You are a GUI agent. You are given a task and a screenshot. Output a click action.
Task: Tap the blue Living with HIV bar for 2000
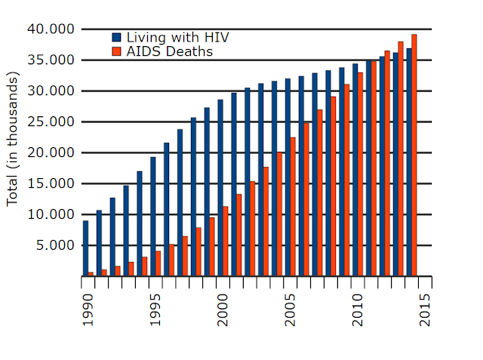coord(220,188)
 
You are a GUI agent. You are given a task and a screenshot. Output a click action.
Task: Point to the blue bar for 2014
coord(408,162)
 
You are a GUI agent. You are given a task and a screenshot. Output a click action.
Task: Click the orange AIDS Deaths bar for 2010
coord(360,174)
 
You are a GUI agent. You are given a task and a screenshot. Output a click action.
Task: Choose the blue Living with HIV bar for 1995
coord(152,217)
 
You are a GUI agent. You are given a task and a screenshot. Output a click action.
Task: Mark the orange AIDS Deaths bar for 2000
coord(226,242)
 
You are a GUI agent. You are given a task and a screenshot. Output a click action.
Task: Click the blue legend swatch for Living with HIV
coord(116,37)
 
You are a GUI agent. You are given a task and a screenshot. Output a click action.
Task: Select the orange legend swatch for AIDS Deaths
coord(116,52)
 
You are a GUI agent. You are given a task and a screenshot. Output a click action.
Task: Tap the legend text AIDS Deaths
coord(169,52)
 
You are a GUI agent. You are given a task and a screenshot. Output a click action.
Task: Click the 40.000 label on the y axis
coord(52,29)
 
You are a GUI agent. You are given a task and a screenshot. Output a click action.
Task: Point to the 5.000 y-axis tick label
coord(55,246)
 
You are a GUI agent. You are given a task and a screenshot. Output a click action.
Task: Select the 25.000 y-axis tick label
coord(52,122)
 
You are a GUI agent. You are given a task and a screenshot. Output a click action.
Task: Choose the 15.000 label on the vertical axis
coord(52,184)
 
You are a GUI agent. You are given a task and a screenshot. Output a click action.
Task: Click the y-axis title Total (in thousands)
coord(13,140)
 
